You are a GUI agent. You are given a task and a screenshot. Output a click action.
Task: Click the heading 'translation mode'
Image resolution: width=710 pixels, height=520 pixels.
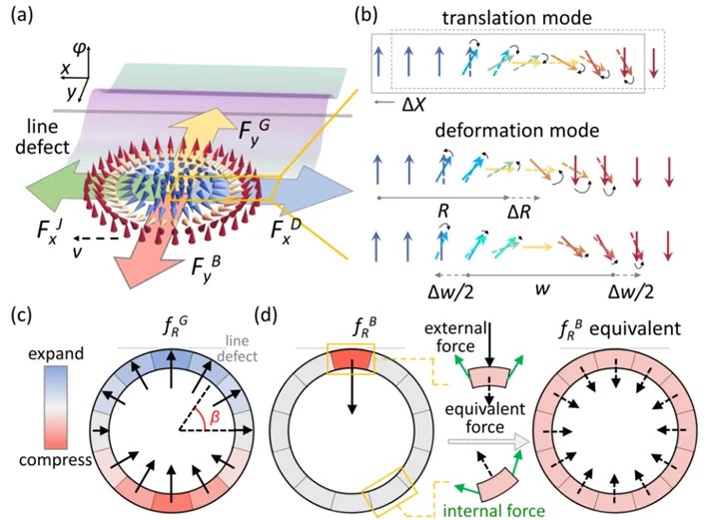click(x=517, y=18)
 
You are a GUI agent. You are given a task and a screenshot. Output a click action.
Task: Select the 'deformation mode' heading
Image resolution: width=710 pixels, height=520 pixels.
click(x=517, y=131)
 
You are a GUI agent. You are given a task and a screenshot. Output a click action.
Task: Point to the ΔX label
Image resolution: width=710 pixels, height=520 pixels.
click(x=413, y=105)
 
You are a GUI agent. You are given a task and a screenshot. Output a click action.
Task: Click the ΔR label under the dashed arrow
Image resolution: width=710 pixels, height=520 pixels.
click(x=518, y=212)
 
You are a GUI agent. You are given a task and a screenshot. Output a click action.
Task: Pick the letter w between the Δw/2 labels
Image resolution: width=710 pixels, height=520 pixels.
click(x=542, y=288)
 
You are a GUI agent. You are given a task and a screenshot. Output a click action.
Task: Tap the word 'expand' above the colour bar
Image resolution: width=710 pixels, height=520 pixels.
click(x=56, y=353)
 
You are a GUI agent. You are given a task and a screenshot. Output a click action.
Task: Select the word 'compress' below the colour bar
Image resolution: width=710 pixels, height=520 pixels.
click(x=55, y=460)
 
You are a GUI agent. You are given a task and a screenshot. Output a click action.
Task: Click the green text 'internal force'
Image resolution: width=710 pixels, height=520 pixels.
click(x=494, y=511)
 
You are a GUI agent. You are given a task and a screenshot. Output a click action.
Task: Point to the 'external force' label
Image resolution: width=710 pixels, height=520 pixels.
click(x=455, y=337)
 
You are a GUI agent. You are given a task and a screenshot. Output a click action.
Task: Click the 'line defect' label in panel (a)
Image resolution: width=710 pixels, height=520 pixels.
click(x=42, y=137)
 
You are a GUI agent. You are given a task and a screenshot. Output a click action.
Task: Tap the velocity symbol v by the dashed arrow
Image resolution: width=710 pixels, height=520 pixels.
click(x=78, y=252)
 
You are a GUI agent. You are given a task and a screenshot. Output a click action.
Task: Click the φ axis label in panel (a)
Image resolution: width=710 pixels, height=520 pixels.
click(x=79, y=49)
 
